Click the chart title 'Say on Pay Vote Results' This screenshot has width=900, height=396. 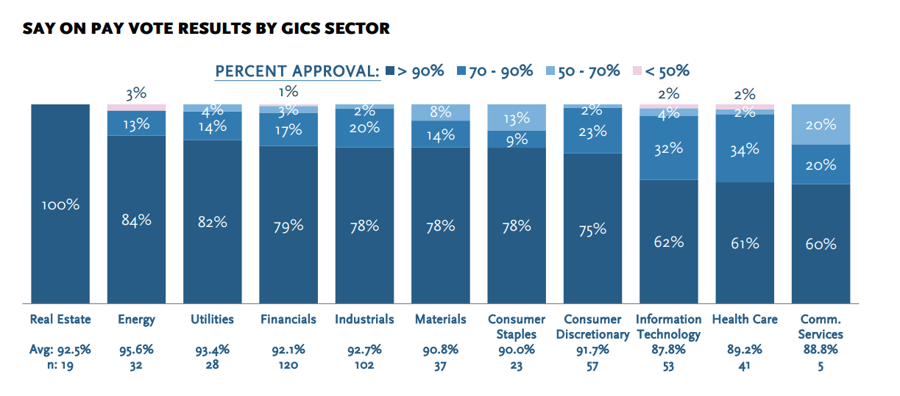[x=206, y=29]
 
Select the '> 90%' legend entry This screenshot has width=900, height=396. [x=415, y=71]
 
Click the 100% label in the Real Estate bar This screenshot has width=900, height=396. [x=60, y=205]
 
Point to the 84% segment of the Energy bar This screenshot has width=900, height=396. [x=136, y=219]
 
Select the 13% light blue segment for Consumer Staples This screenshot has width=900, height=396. [x=516, y=118]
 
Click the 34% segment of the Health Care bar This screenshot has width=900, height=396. [x=745, y=149]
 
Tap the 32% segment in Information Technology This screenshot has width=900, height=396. [x=668, y=148]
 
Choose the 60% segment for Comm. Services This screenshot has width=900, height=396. [x=821, y=244]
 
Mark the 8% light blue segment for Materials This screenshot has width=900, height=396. [x=440, y=112]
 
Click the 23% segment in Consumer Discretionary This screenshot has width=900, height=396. [x=592, y=132]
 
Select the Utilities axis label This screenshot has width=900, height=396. [x=212, y=319]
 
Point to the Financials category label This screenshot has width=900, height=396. [x=288, y=319]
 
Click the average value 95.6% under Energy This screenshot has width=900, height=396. [x=136, y=350]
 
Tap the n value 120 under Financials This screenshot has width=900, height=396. [x=288, y=365]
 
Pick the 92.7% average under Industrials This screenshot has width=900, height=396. [x=364, y=350]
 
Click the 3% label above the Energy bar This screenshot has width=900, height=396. [x=136, y=93]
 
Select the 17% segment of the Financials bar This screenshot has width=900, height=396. [x=288, y=130]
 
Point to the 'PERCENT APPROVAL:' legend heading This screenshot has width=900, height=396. [x=297, y=71]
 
